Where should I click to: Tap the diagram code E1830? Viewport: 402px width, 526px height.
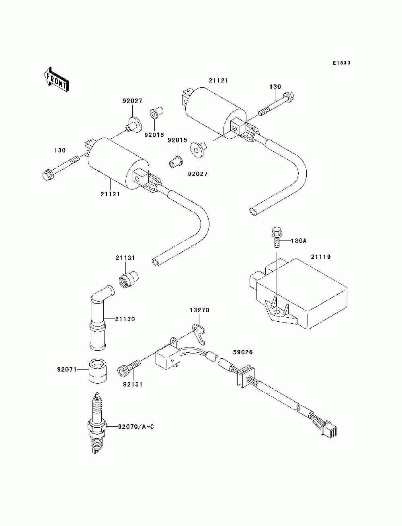click(x=341, y=63)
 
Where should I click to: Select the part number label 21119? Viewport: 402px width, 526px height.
click(x=321, y=257)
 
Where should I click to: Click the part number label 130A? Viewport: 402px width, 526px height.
click(x=299, y=241)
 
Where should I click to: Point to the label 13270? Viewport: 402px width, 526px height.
click(x=199, y=310)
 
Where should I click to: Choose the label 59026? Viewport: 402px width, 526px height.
click(x=243, y=352)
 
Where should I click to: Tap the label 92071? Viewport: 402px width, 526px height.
click(x=67, y=370)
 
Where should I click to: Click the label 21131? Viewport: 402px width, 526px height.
click(x=125, y=258)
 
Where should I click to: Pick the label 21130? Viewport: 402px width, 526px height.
click(x=125, y=319)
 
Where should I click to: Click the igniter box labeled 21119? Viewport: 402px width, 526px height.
click(x=298, y=293)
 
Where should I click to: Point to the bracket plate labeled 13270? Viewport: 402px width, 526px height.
click(x=199, y=334)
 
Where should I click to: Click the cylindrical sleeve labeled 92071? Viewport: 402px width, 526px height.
click(x=98, y=370)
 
